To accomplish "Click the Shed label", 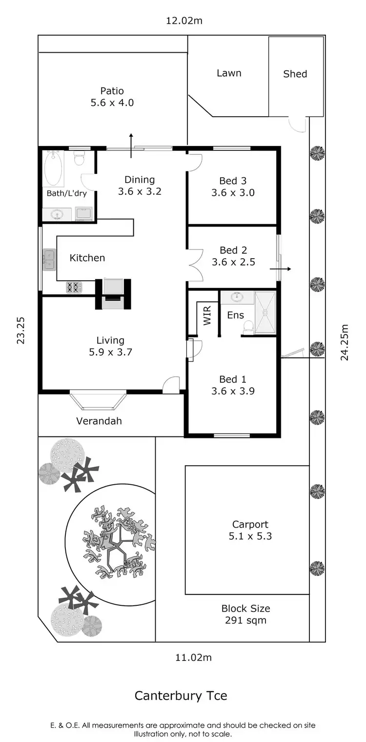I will pos(295,74).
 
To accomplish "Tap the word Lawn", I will pos(229,73).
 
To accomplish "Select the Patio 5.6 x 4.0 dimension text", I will pos(112,103).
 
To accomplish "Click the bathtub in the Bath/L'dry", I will pos(54,167).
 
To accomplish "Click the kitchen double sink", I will pos(49,259).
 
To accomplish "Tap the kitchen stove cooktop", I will pos(73,288).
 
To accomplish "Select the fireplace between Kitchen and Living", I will pos(113,294).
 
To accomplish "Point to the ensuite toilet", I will pos(248,328).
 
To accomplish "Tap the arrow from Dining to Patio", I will pos(131,144).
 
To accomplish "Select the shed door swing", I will pos(296,124).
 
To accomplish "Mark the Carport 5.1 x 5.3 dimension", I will pos(250,536).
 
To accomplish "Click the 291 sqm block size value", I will pos(245,621).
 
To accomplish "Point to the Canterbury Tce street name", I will pos(181,696).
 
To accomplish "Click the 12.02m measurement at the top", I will pos(183,21).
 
